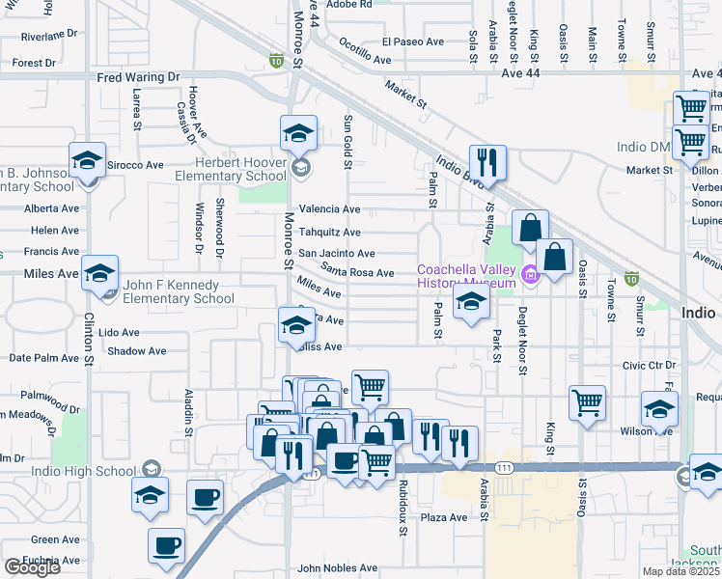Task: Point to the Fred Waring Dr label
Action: pyautogui.click(x=138, y=77)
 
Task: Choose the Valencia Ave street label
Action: pyautogui.click(x=329, y=209)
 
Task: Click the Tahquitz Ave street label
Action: pyautogui.click(x=329, y=233)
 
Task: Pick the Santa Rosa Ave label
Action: pyautogui.click(x=357, y=272)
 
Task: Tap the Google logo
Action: pyautogui.click(x=32, y=566)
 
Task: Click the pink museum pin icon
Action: pyautogui.click(x=530, y=277)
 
